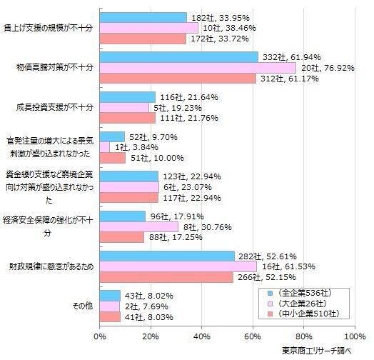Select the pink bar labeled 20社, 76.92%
pyautogui.click(x=198, y=68)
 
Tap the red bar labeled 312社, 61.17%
pyautogui.click(x=178, y=79)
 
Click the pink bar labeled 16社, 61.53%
pyautogui.click(x=178, y=267)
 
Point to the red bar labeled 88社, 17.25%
pyautogui.click(x=122, y=237)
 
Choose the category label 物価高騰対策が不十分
pyautogui.click(x=54, y=68)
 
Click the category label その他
pyautogui.click(x=82, y=306)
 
